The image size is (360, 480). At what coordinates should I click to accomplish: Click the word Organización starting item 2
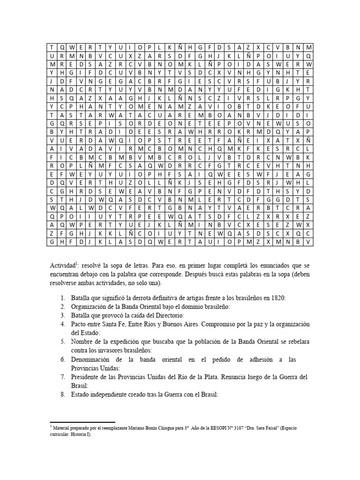(92, 307)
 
